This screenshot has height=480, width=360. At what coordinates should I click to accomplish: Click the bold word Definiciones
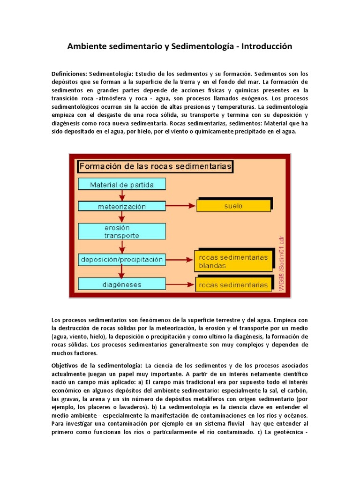(69, 74)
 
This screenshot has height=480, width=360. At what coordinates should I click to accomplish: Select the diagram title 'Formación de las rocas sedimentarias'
(155, 166)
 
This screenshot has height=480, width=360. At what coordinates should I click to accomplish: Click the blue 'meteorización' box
(121, 206)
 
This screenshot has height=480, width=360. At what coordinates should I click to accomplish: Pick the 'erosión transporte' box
(121, 231)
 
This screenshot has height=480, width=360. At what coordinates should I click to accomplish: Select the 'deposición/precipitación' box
(121, 259)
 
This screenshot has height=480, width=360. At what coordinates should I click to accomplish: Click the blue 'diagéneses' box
(121, 284)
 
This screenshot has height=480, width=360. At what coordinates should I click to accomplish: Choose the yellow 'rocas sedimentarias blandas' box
(233, 262)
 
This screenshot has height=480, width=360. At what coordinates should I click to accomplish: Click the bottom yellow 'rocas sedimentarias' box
(233, 285)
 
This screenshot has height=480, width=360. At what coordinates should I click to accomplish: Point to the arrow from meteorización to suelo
(180, 206)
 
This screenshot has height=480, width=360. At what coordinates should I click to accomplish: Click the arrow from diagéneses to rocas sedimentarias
(180, 284)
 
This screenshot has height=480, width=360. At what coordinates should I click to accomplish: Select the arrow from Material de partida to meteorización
(122, 195)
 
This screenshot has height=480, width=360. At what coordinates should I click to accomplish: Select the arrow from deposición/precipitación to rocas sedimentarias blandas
(180, 259)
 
